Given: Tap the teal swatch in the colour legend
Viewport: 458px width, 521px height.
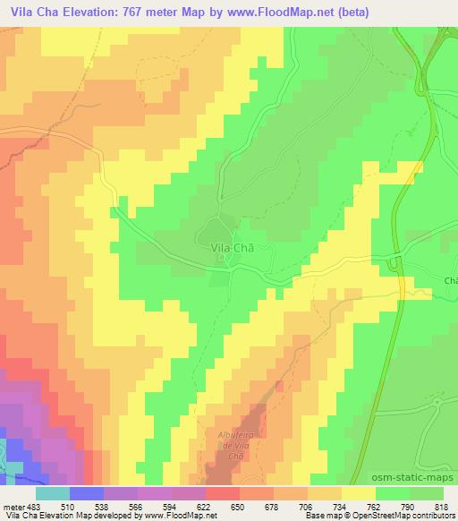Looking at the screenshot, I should coord(53,492).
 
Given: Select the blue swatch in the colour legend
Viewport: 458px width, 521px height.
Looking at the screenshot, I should coord(87,492).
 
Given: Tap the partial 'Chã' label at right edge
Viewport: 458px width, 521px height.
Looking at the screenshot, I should coord(450,280).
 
